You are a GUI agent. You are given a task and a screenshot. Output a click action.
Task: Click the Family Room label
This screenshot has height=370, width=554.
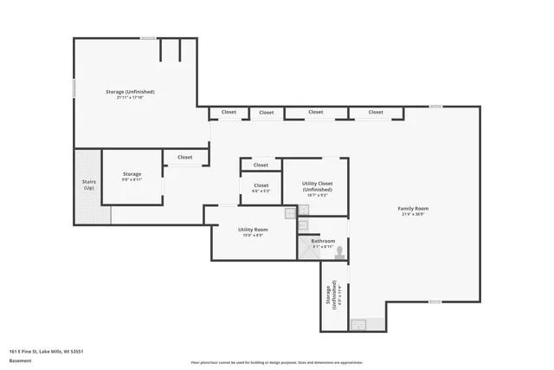click(413, 209)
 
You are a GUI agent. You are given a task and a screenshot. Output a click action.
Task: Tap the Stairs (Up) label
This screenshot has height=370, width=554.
click(89, 185)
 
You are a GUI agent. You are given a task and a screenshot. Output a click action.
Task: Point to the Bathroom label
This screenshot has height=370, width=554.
click(323, 241)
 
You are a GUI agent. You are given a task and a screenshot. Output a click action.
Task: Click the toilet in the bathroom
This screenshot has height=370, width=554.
click(339, 253)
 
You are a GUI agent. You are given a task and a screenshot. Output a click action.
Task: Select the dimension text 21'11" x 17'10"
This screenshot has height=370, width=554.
click(130, 98)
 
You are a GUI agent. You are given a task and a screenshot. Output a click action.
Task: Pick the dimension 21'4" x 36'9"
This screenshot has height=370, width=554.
click(413, 215)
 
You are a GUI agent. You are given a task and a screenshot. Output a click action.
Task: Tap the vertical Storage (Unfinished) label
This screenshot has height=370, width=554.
click(332, 297)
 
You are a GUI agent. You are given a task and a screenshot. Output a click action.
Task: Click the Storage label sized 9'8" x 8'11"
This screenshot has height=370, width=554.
click(132, 174)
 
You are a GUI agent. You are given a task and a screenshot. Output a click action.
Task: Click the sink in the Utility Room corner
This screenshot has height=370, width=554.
click(291, 212)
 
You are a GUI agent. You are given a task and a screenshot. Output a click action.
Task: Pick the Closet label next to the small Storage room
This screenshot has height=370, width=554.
click(185, 158)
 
